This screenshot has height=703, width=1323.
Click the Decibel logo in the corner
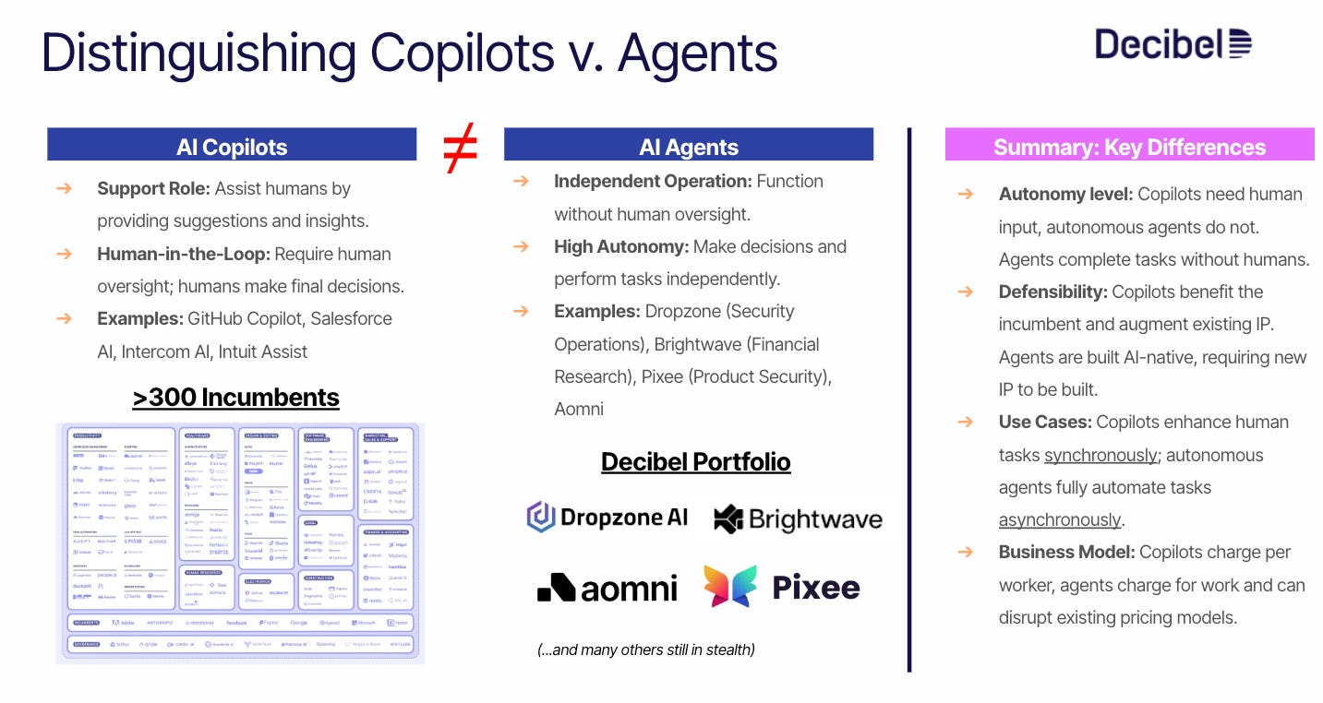pos(1173,44)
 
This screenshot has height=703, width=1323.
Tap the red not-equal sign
pos(460,149)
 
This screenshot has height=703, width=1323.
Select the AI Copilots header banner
pos(232,147)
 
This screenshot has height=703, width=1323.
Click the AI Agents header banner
pos(688,147)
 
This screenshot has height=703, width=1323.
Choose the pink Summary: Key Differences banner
pos(1129,147)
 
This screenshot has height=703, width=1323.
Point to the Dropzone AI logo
pos(607,518)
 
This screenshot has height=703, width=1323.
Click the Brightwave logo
pos(798,518)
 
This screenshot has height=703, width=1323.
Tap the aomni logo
pos(607,587)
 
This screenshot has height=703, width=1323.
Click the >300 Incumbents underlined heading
pos(235,398)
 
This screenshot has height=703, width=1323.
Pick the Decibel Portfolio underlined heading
pos(695,461)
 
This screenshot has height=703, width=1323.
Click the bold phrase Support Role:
pos(153,189)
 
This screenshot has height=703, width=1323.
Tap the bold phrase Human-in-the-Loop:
pos(183,254)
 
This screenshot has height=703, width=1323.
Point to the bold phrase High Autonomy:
pos(620,246)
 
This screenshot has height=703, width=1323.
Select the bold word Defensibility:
pos(1052,292)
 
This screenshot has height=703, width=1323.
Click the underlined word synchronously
pos(1100,455)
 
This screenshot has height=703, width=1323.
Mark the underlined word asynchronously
pos(1060,519)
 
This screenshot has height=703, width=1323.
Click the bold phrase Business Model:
pos(1066,552)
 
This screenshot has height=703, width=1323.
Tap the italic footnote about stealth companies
pos(645,649)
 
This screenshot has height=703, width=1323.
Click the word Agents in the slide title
pos(698,54)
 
